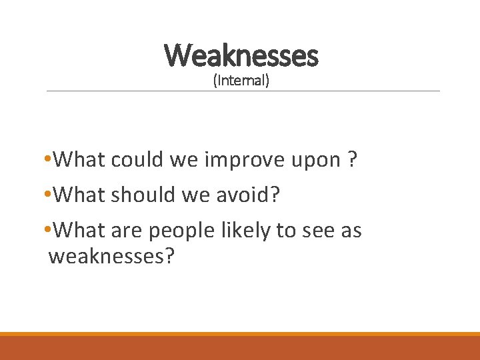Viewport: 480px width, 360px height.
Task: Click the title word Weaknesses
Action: pyautogui.click(x=241, y=55)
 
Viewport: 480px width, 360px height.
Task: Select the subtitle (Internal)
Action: pyautogui.click(x=241, y=81)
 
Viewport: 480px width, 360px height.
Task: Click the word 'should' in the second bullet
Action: pyautogui.click(x=142, y=195)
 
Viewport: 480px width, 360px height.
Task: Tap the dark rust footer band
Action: pyautogui.click(x=240, y=349)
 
